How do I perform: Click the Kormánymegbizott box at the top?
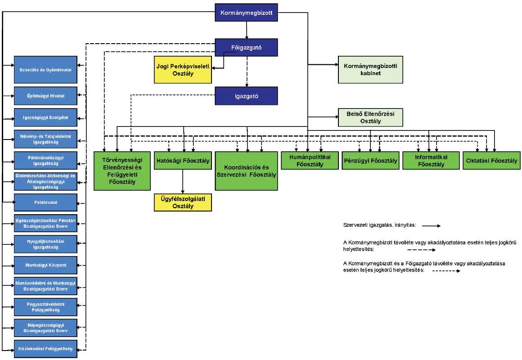246,13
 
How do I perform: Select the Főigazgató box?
246,48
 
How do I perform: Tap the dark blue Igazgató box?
246,96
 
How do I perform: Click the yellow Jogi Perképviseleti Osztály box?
183,70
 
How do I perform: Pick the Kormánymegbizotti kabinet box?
370,70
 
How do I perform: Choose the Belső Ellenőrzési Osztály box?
370,117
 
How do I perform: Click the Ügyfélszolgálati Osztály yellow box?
183,202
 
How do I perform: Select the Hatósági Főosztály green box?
183,161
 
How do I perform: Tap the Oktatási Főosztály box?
491,161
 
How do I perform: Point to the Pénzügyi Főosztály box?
370,161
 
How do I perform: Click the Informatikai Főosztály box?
431,161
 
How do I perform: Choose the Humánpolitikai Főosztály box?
310,161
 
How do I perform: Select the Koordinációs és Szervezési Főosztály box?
246,171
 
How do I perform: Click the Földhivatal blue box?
45,202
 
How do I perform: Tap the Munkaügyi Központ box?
45,265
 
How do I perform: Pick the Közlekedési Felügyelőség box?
45,349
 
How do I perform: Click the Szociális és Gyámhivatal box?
45,70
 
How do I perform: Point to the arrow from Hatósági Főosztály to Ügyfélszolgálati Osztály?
183,182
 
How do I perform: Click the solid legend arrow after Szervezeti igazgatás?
432,226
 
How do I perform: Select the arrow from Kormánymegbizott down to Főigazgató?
246,30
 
